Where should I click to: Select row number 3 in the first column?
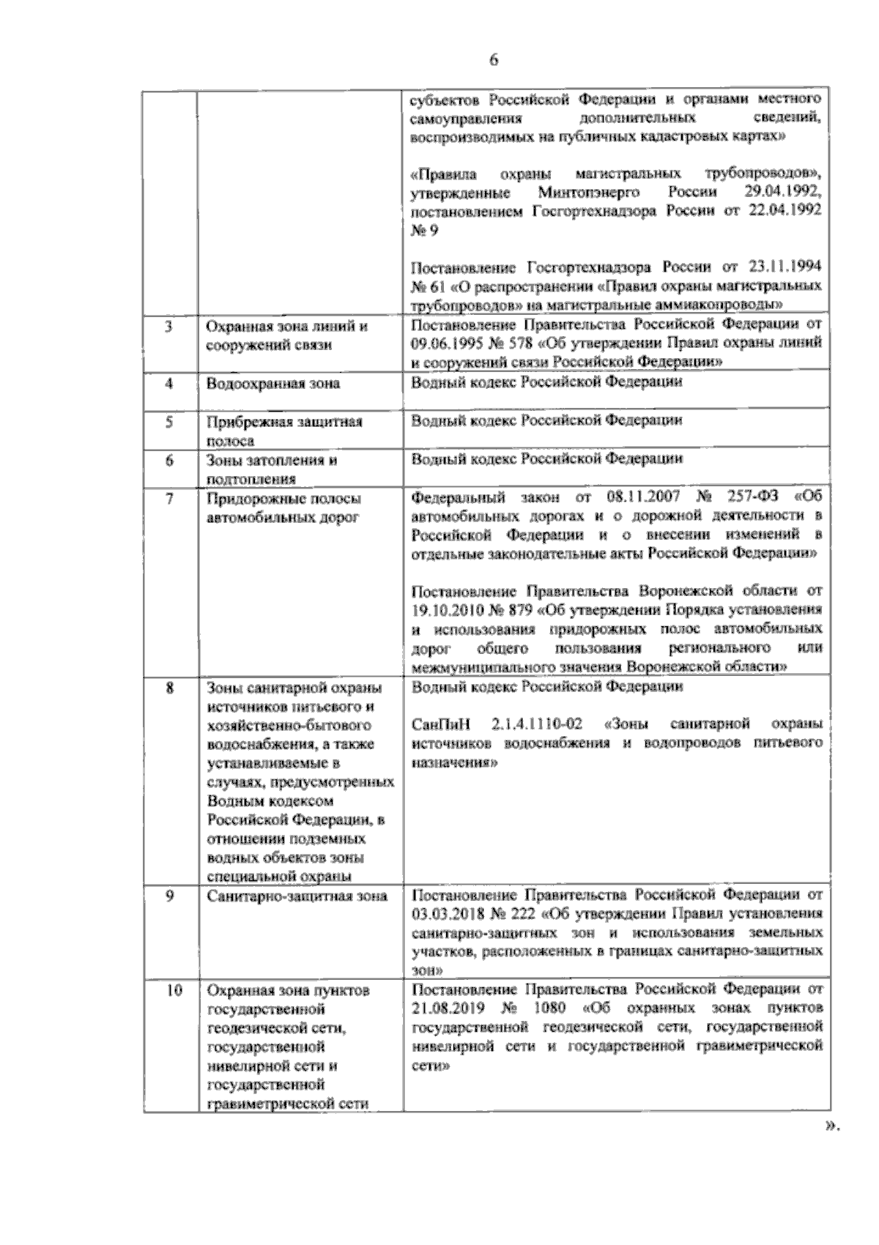pos(168,327)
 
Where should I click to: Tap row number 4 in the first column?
pos(168,383)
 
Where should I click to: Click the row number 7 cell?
pos(168,499)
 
